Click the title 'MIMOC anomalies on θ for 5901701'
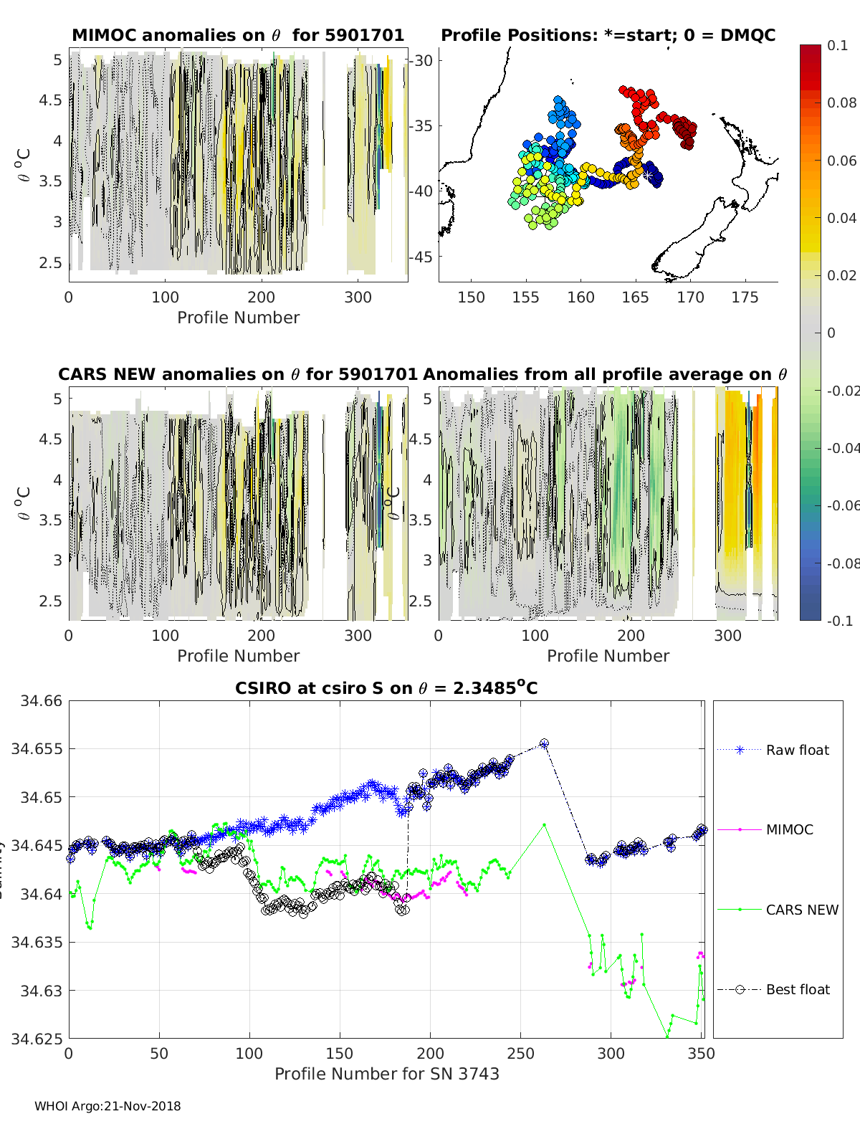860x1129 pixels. tap(238, 35)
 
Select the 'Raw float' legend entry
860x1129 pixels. tap(797, 750)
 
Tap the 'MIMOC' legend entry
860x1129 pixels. tap(789, 829)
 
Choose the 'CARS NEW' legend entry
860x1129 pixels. tap(801, 910)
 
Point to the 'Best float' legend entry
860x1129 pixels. tap(797, 989)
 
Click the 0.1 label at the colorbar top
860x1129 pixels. tap(837, 45)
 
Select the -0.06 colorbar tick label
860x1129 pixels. tap(842, 505)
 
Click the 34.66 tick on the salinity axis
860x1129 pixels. tap(42, 701)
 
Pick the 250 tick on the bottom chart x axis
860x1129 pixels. tap(520, 1053)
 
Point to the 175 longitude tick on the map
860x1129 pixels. tap(745, 297)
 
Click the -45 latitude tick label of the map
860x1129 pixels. tap(421, 257)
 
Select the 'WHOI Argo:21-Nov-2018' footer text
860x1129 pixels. tap(107, 1106)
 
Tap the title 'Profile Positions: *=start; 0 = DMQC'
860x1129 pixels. tap(608, 35)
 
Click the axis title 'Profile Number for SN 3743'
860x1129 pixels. tap(386, 1074)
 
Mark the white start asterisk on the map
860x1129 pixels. tap(647, 175)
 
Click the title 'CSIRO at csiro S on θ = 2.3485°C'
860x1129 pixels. tap(386, 688)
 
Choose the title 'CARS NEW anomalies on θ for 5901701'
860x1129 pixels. tap(237, 374)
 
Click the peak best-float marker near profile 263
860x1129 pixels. tap(544, 744)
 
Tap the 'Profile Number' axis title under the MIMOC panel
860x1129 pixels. tap(238, 318)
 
